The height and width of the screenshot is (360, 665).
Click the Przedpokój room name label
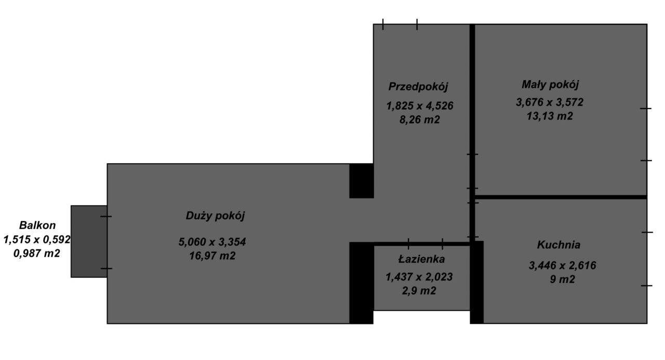tap(418, 87)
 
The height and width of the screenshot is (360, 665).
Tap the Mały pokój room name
tap(550, 85)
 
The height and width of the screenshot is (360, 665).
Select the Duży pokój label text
tap(215, 216)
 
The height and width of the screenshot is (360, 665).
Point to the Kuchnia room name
tap(558, 245)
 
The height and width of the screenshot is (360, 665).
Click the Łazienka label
tap(421, 259)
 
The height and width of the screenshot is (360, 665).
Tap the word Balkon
tap(37, 225)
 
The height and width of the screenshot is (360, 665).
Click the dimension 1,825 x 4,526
tap(419, 106)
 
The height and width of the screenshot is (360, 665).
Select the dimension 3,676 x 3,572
tap(550, 102)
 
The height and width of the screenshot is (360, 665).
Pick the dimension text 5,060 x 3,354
tap(212, 242)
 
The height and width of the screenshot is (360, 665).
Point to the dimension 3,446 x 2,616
tap(562, 265)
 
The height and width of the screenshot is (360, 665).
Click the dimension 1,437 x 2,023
tap(419, 277)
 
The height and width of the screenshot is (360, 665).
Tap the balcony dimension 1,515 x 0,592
tap(37, 239)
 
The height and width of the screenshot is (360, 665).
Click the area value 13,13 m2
tap(550, 116)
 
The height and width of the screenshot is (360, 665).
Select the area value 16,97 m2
tap(212, 256)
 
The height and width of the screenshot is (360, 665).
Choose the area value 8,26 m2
tap(419, 119)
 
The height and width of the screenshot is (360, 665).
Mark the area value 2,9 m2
tap(419, 290)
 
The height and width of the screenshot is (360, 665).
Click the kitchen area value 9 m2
tap(562, 279)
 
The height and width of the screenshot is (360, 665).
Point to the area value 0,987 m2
tap(37, 253)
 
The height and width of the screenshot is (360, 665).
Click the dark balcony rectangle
tap(89, 241)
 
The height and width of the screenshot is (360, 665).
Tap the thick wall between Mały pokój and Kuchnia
tap(561, 197)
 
